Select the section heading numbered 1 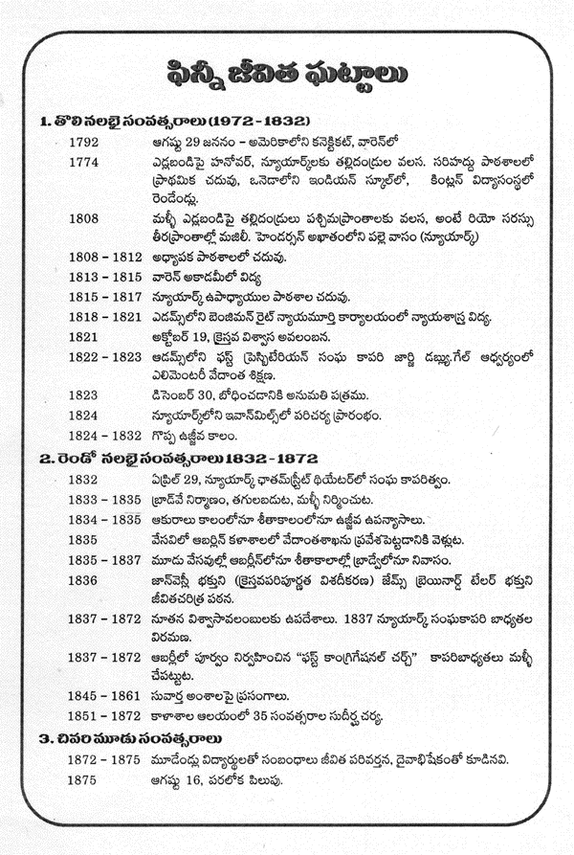(x=174, y=122)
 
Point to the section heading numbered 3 (x=131, y=737)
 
